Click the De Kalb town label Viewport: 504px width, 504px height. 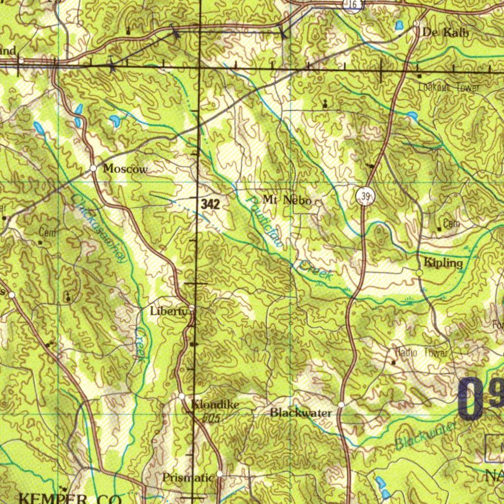(x=445, y=33)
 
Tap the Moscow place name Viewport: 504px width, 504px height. (x=125, y=169)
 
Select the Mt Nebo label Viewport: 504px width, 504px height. (x=287, y=200)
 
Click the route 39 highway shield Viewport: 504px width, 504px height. (x=365, y=197)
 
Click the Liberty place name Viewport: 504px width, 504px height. (x=169, y=311)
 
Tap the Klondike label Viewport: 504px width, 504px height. (x=215, y=405)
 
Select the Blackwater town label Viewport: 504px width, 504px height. (x=301, y=412)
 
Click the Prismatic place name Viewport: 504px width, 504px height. (x=188, y=477)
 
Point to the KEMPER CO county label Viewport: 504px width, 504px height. (x=69, y=498)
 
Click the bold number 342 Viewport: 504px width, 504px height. (x=210, y=204)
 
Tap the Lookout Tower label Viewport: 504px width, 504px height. (x=449, y=88)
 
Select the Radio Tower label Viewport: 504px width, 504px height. (x=422, y=352)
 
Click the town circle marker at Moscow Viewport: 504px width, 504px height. (x=94, y=168)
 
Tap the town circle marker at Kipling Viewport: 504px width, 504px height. (x=419, y=273)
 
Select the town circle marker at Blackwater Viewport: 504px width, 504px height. (x=341, y=405)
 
